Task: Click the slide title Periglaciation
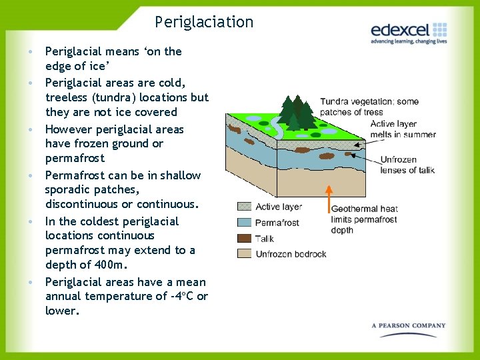point(204,22)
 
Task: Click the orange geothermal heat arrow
point(329,199)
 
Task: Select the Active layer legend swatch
point(244,207)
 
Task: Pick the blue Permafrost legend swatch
point(244,223)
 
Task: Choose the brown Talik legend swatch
point(244,238)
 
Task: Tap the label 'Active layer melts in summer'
point(402,129)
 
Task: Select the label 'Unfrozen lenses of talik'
point(407,165)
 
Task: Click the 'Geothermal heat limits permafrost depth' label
point(363,219)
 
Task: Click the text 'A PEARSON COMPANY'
point(409,326)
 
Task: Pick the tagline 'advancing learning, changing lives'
point(408,41)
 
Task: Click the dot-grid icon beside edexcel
point(439,29)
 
